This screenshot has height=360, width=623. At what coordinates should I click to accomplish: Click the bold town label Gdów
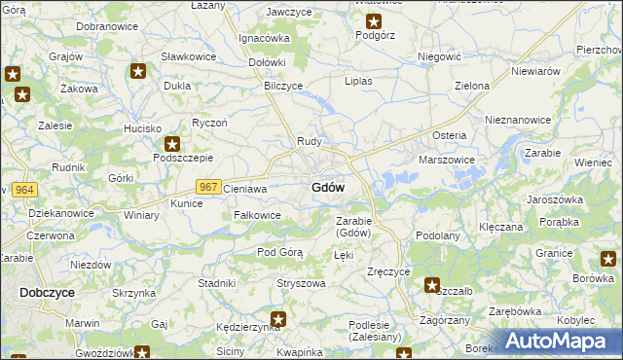tap(327, 187)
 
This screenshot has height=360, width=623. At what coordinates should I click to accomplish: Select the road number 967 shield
tap(208, 187)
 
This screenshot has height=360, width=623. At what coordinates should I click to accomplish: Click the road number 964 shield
tap(25, 188)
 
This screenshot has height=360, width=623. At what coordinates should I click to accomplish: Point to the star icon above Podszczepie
tap(172, 143)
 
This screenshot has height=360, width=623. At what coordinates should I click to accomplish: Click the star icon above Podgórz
tap(374, 20)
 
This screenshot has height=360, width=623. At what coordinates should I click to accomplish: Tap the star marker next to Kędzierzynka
tap(278, 318)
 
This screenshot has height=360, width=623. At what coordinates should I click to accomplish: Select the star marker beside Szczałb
tap(432, 285)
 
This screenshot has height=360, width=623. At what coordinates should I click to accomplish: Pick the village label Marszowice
tap(446, 160)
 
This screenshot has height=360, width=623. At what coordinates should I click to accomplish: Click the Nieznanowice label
tap(518, 120)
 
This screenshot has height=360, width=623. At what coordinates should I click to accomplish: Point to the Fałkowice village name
tap(257, 215)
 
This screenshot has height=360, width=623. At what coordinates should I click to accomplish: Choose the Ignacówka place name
tap(264, 38)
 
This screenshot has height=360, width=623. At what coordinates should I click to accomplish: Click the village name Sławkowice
tap(188, 55)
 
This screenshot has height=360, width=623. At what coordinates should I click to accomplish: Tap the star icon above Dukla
tap(139, 71)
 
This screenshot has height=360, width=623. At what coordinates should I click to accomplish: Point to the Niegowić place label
tap(437, 57)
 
